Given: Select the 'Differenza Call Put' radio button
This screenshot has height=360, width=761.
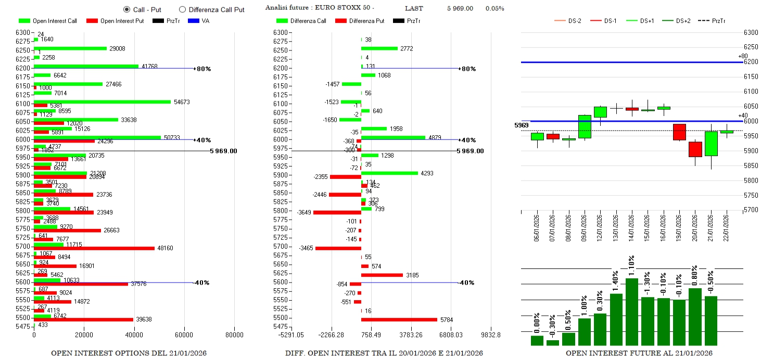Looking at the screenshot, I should (x=182, y=9).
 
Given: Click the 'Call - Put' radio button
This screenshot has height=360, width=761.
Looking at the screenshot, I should (x=126, y=9).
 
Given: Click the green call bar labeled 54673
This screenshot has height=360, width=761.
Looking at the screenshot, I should (x=102, y=102).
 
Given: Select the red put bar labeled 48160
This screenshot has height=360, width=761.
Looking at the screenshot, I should (x=94, y=248).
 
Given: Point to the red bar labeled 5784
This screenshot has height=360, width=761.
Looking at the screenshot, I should (x=399, y=319).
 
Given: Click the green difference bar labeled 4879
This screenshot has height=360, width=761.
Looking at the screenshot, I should (x=393, y=138).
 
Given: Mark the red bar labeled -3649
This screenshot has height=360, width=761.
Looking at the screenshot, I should (x=337, y=212).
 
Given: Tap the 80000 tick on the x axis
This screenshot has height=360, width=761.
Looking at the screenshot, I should (x=234, y=336).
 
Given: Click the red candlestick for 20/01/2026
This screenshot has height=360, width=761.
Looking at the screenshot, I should (x=695, y=149).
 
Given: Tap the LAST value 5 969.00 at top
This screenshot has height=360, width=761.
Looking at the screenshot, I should (x=460, y=8).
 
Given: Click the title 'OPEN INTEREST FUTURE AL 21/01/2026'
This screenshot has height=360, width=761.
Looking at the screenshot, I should (x=639, y=353).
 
